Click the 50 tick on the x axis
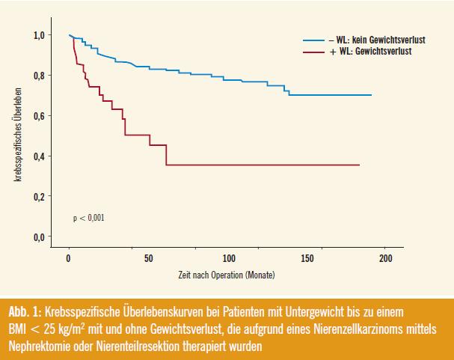click(x=148, y=258)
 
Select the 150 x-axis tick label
click(x=307, y=258)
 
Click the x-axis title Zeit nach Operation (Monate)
click(x=226, y=276)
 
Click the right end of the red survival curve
click(x=359, y=164)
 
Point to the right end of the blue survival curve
click(x=371, y=95)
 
